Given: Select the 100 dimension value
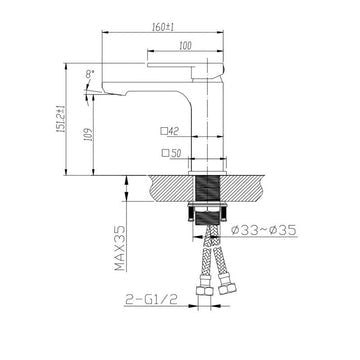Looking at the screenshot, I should coord(185,45).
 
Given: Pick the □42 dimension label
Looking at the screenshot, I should coord(169,131).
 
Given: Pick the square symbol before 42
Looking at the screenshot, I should coord(162,131).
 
